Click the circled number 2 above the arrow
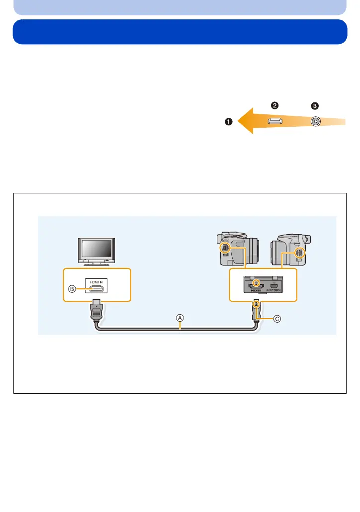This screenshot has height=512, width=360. [274, 105]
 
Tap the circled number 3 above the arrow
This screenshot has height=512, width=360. [314, 106]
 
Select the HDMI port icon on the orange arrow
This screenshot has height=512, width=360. [275, 121]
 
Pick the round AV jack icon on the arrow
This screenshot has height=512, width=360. [315, 121]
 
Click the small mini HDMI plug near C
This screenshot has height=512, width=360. [256, 312]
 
